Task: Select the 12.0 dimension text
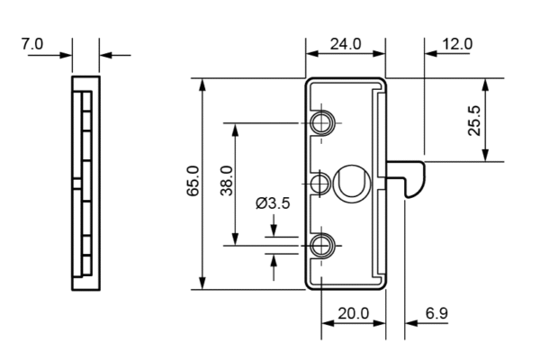click(456, 43)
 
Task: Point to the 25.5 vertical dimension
click(474, 120)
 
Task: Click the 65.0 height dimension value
click(192, 184)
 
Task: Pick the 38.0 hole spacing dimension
click(226, 183)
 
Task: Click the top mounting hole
click(322, 122)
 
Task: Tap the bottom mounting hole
click(322, 244)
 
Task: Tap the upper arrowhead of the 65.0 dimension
click(202, 85)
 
